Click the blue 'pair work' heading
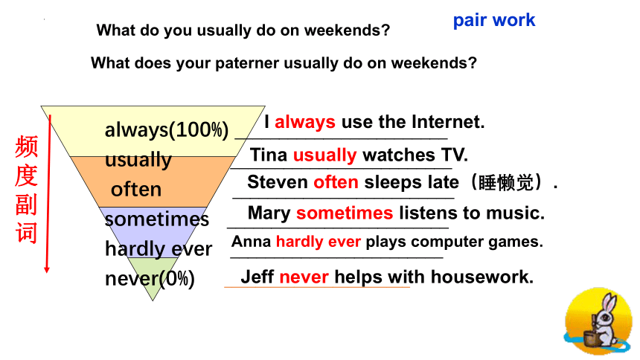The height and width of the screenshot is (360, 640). click(494, 20)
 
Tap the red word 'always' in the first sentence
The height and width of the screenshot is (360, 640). click(305, 122)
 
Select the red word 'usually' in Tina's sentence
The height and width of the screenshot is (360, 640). click(325, 155)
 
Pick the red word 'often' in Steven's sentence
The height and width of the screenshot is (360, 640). click(336, 182)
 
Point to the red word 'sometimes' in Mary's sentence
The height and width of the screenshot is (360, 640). click(345, 213)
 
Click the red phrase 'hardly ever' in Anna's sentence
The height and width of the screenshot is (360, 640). click(319, 242)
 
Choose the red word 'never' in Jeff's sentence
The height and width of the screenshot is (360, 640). click(304, 277)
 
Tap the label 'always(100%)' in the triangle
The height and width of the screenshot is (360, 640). click(167, 130)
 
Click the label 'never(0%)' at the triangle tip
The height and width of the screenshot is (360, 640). click(150, 279)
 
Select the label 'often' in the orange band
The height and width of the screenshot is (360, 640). click(136, 190)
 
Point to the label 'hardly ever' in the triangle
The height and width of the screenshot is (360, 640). click(159, 249)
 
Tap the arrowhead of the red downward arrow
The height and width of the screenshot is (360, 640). click(47, 270)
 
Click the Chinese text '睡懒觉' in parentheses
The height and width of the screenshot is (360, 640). click(506, 183)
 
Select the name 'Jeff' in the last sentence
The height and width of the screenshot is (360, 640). click(257, 277)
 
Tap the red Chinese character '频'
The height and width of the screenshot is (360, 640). click(27, 147)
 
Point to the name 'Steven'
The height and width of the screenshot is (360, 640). click(277, 182)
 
